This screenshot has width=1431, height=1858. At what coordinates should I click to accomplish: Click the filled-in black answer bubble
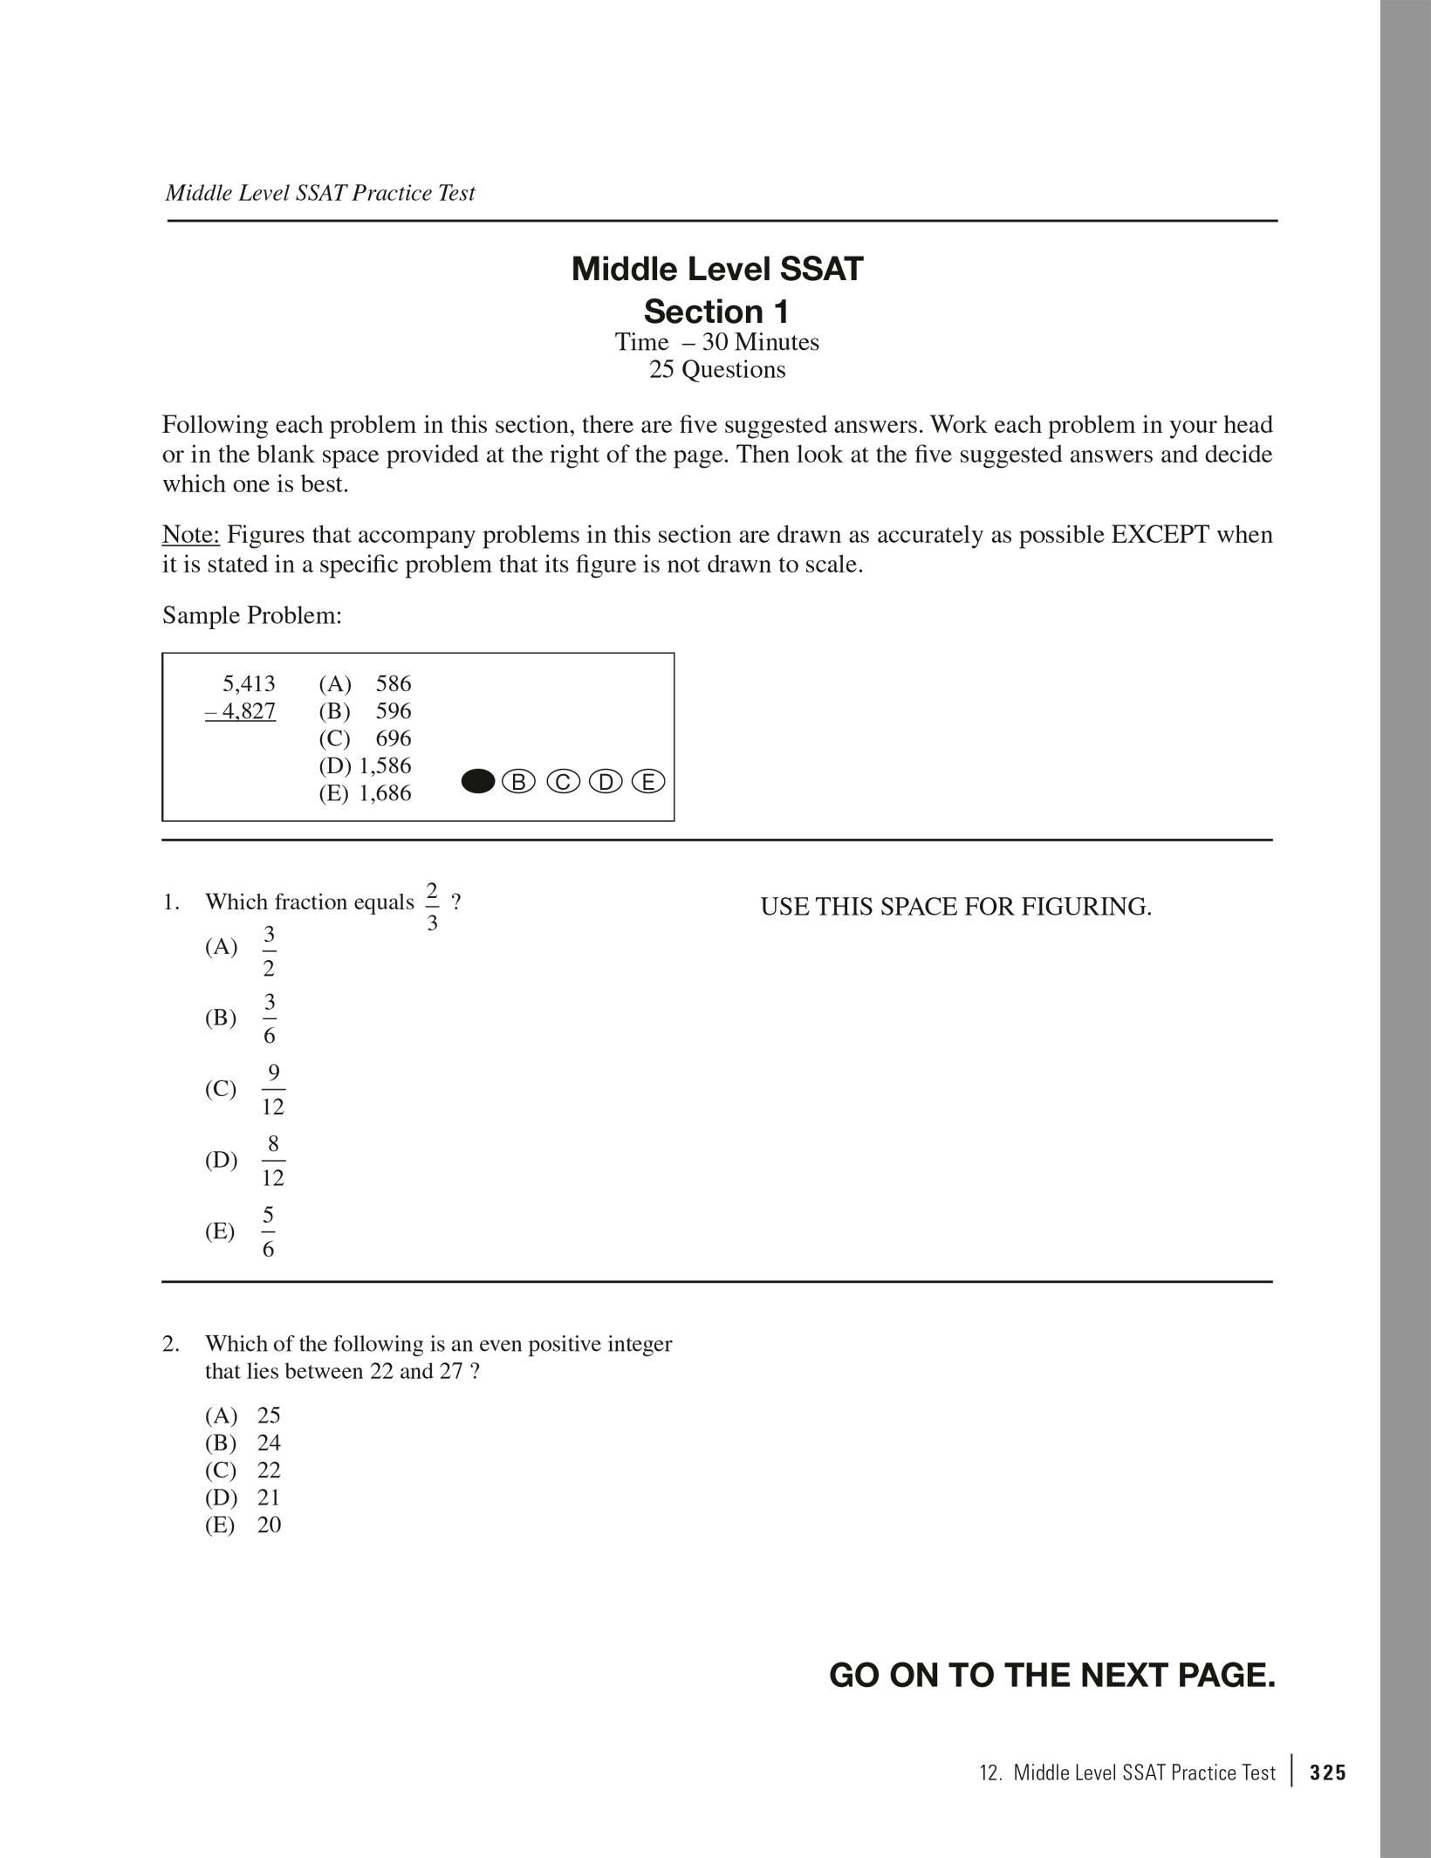[x=477, y=782]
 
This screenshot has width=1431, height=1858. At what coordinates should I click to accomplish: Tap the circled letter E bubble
[x=648, y=782]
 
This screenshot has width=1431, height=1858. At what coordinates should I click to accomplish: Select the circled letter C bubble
[x=563, y=782]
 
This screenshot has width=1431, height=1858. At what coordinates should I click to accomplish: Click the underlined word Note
[x=190, y=534]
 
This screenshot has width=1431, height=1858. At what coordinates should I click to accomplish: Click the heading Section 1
[x=716, y=312]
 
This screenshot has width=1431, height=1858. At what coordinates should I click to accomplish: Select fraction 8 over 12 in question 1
[x=273, y=1160]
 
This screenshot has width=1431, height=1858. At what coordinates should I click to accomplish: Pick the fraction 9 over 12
[x=273, y=1089]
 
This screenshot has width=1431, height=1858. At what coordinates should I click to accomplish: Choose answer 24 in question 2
[x=269, y=1442]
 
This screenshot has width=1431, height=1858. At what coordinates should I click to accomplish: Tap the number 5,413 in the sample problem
[x=249, y=683]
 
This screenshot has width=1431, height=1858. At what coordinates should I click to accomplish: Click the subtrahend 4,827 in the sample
[x=242, y=711]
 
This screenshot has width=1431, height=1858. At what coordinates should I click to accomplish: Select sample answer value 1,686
[x=385, y=793]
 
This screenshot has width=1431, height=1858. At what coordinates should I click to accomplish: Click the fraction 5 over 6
[x=269, y=1231]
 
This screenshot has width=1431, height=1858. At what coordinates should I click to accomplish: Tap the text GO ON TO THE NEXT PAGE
[x=1051, y=1676]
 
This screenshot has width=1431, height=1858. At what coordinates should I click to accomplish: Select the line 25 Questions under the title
[x=716, y=369]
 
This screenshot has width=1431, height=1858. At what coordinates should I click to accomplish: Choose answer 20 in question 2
[x=269, y=1524]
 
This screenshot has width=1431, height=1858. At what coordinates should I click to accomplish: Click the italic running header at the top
[x=320, y=193]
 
